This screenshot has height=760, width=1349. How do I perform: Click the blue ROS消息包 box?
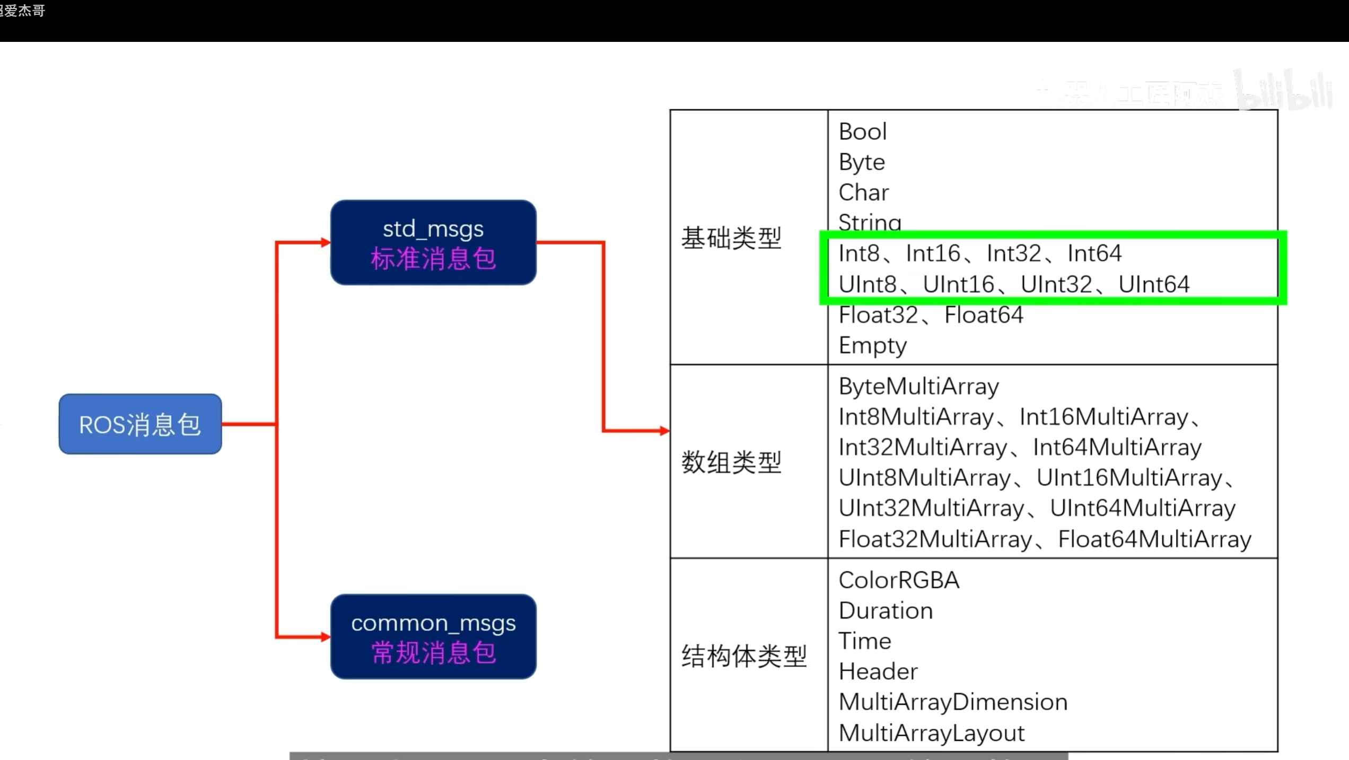coord(140,424)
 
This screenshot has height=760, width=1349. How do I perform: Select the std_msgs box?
coord(433,242)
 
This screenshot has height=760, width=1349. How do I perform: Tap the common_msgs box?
coord(433,636)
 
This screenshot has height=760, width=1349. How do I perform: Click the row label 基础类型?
coord(731,238)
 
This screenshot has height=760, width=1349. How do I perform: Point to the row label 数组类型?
coord(731,462)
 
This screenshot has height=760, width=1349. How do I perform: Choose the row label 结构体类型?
coord(744,656)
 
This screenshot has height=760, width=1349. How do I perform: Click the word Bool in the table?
coord(863,132)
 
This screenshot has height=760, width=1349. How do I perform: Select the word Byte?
coord(862,162)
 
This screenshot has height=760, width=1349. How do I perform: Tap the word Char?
coord(864,193)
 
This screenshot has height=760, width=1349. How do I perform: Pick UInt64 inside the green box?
coord(1154,285)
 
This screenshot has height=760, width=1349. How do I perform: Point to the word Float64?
coord(984,315)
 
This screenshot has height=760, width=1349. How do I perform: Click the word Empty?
coord(873,346)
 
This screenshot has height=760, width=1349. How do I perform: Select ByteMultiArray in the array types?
coord(919,387)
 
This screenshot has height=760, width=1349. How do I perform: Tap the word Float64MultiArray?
coord(1154,539)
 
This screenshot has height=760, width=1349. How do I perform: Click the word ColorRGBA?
coord(899,580)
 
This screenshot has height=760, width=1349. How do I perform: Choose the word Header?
coord(878,672)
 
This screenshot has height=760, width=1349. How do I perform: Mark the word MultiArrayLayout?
coord(932,733)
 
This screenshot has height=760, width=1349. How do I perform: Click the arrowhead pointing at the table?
coord(664,431)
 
